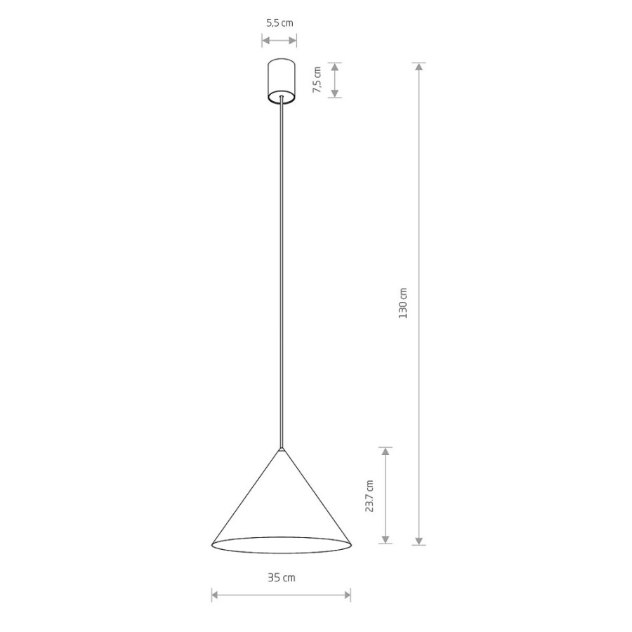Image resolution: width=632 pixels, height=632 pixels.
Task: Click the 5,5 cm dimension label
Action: coord(279,23)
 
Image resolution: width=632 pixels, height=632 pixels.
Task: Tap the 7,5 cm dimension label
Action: coord(317,80)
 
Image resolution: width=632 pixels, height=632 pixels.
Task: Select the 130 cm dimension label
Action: coord(403,303)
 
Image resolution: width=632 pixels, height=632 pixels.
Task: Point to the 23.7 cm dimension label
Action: coord(369,496)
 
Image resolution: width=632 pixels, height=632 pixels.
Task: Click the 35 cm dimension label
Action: coord(282,578)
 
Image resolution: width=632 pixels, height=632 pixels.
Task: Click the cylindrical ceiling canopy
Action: coord(282,81)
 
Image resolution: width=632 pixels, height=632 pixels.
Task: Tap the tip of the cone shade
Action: coord(282,448)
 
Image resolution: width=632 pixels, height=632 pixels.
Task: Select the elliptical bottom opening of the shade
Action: coord(282,553)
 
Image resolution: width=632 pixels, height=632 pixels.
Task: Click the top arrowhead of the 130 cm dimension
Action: coord(419,67)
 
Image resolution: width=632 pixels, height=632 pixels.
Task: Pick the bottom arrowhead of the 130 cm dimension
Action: coord(419,541)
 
